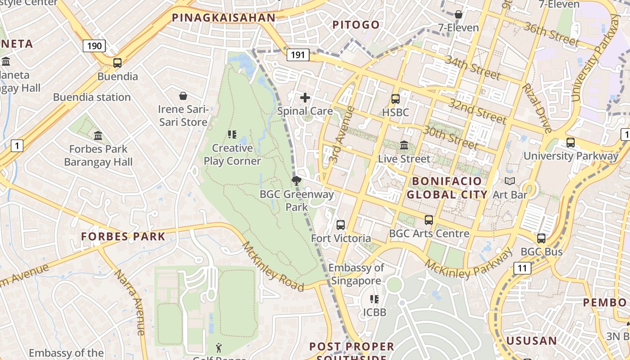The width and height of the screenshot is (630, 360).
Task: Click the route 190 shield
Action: pos(94,45)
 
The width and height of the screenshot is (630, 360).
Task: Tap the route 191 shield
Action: pos(297,55)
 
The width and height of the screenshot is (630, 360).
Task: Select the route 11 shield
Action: pos(522,269)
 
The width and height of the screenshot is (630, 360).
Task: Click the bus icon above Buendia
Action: pos(117,63)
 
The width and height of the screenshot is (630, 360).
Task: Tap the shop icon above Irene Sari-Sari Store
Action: pos(183,96)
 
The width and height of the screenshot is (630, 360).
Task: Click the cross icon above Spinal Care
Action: pos(305,97)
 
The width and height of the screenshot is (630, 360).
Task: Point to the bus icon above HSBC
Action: pos(396,99)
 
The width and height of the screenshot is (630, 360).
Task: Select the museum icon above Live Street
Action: pos(404,145)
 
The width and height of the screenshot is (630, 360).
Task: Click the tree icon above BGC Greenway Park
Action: pos(296,181)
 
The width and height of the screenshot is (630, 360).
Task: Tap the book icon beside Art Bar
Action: pos(510,181)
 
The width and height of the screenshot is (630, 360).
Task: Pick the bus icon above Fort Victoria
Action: pos(341,225)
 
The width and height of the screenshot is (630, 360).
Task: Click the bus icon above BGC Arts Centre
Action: pos(429,220)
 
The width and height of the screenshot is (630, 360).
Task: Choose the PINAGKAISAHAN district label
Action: pos(224,18)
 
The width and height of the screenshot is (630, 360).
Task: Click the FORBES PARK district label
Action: pos(123,236)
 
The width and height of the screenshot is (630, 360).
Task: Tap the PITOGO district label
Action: pos(356,25)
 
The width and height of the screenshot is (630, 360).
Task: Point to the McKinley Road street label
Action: pos(273,266)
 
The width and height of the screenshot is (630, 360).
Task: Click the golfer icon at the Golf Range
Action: pos(219,347)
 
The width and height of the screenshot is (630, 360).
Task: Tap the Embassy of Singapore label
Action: pos(356,274)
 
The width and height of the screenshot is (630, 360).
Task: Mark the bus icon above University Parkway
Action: pos(571,143)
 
